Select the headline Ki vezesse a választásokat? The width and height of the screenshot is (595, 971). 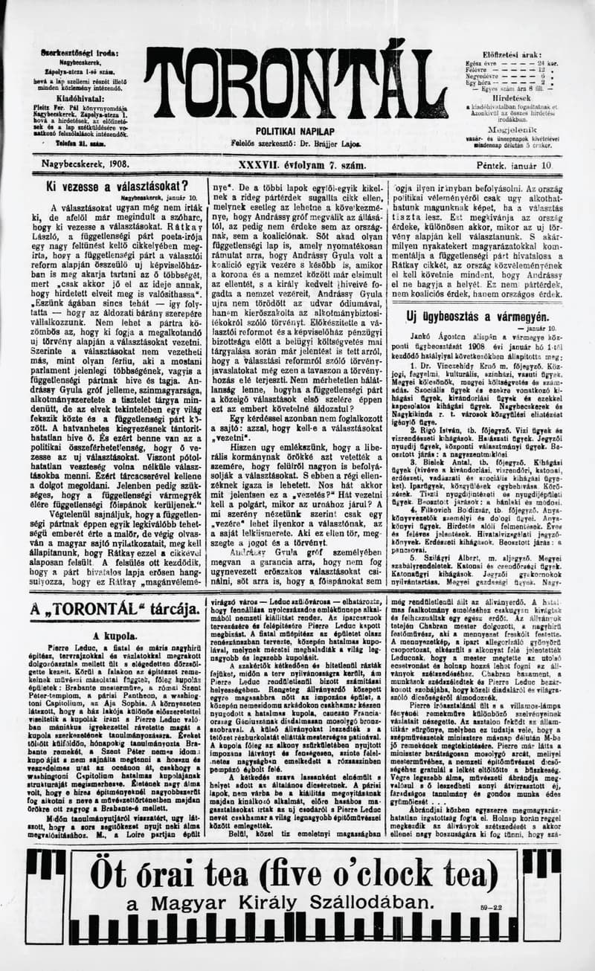(x=117, y=186)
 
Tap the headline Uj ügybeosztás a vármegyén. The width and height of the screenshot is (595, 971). (x=477, y=317)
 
